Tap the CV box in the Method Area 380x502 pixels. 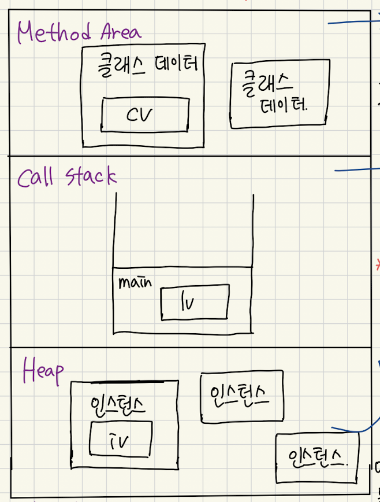[144, 114]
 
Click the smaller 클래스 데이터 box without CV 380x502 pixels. [280, 94]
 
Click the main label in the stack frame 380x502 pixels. [135, 283]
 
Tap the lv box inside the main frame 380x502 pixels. [195, 301]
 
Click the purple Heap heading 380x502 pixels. [43, 371]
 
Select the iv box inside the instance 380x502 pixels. [121, 439]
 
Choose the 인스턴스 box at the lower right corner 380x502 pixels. [317, 458]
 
